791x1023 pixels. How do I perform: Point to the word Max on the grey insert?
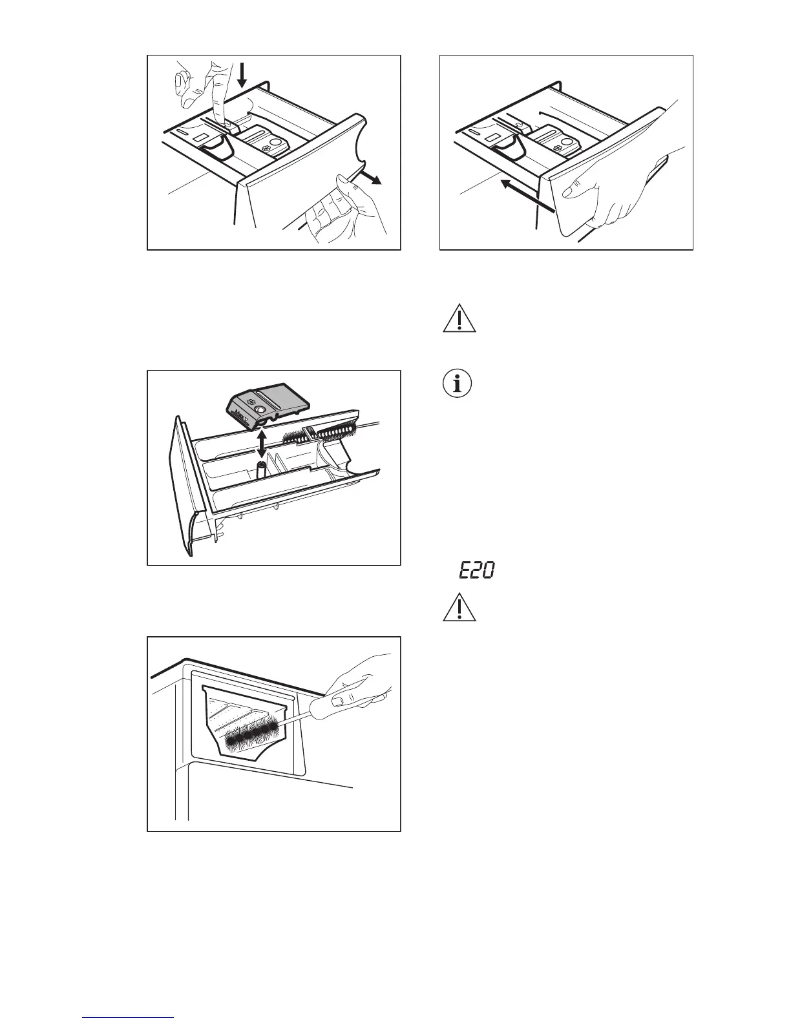tap(242, 418)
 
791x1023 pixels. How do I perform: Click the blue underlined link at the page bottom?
tap(129, 1017)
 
